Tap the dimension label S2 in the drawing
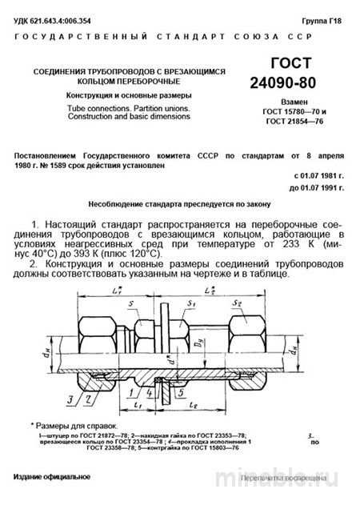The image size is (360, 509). point(258,303)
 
